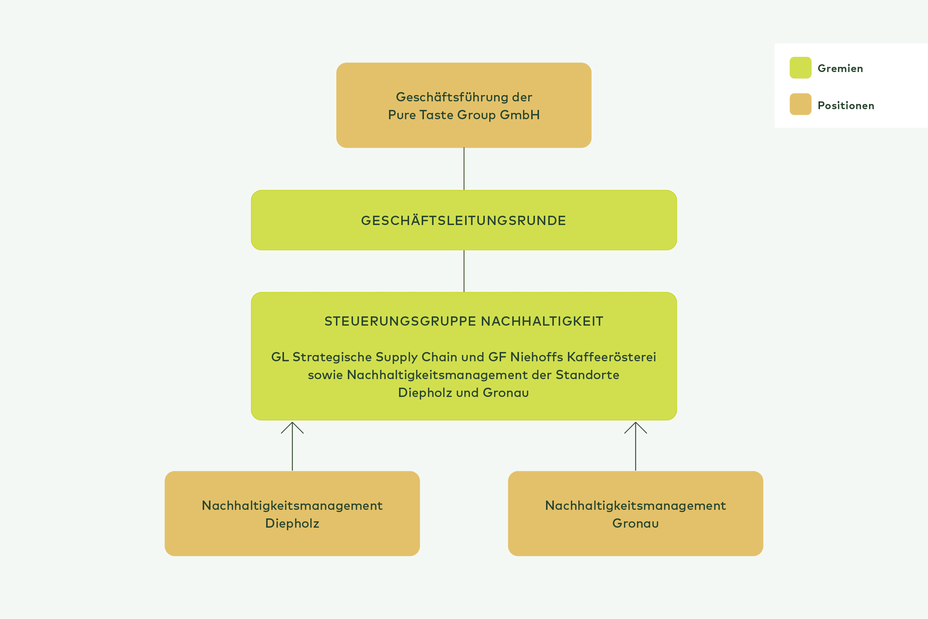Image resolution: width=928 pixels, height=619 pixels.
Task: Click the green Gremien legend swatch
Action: coord(800,68)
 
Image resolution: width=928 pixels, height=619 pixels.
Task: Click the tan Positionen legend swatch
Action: coord(800,104)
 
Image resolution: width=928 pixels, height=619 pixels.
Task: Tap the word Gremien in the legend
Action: coord(840,69)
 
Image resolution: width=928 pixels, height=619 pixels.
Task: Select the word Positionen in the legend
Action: coord(846,106)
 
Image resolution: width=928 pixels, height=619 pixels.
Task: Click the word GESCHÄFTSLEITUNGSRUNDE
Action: coord(464,221)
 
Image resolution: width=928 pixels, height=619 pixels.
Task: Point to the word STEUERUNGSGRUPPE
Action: coord(400,321)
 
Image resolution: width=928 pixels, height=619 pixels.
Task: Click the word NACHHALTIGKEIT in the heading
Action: coord(542,321)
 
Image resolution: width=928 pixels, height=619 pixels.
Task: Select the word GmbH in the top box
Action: coord(520,115)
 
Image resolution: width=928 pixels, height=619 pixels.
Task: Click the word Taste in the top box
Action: coord(437,115)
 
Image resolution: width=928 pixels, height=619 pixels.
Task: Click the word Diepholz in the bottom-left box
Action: coord(292,524)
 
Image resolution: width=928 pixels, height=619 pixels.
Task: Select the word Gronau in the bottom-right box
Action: coord(635,524)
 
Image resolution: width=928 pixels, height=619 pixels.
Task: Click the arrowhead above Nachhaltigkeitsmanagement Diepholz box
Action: coord(293,426)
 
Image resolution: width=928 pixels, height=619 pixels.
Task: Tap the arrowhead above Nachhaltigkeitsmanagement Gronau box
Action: coord(635,426)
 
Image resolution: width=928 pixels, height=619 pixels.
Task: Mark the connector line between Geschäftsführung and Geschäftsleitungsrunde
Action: coord(464,169)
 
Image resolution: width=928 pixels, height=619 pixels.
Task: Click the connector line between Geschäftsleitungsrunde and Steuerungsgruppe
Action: coord(464,271)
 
